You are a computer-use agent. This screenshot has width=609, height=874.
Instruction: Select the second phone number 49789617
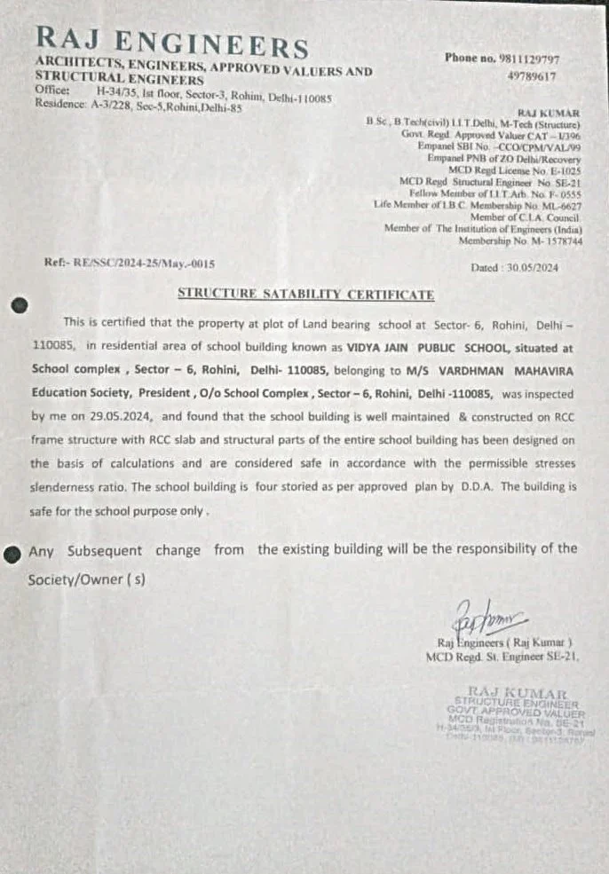point(532,76)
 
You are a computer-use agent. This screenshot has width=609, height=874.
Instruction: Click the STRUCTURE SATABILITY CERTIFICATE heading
point(306,294)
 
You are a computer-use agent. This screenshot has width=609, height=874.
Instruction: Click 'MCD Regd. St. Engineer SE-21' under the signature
point(502,657)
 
